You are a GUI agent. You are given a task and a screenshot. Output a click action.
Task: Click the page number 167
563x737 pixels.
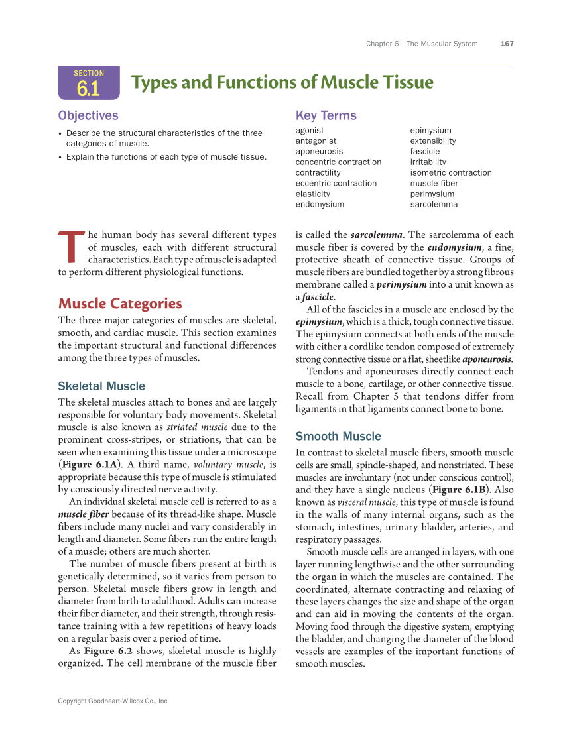(x=507, y=44)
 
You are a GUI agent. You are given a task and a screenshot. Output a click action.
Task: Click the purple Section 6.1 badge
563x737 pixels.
(x=89, y=83)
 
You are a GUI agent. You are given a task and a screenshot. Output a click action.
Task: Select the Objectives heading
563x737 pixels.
(x=88, y=115)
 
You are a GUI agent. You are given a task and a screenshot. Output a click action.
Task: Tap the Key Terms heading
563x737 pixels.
(x=326, y=115)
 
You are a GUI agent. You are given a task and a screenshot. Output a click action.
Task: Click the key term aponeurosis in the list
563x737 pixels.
(x=319, y=152)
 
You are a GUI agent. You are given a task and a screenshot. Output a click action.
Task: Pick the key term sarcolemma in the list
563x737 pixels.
(x=434, y=205)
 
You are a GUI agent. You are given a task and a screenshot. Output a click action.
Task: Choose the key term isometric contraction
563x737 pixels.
(x=451, y=173)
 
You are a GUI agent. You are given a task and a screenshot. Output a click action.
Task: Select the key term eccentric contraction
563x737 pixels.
(x=336, y=184)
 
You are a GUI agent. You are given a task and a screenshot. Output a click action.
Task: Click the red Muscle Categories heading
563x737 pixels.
(x=120, y=304)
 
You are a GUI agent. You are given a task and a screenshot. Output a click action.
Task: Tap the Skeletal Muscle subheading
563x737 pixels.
(x=101, y=386)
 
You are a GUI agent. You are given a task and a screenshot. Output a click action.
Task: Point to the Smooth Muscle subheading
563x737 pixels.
(x=338, y=437)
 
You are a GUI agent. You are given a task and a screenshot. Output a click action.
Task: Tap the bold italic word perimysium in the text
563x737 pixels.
(x=401, y=284)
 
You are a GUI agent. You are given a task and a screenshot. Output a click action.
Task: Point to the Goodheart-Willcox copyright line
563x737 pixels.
(x=113, y=701)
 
